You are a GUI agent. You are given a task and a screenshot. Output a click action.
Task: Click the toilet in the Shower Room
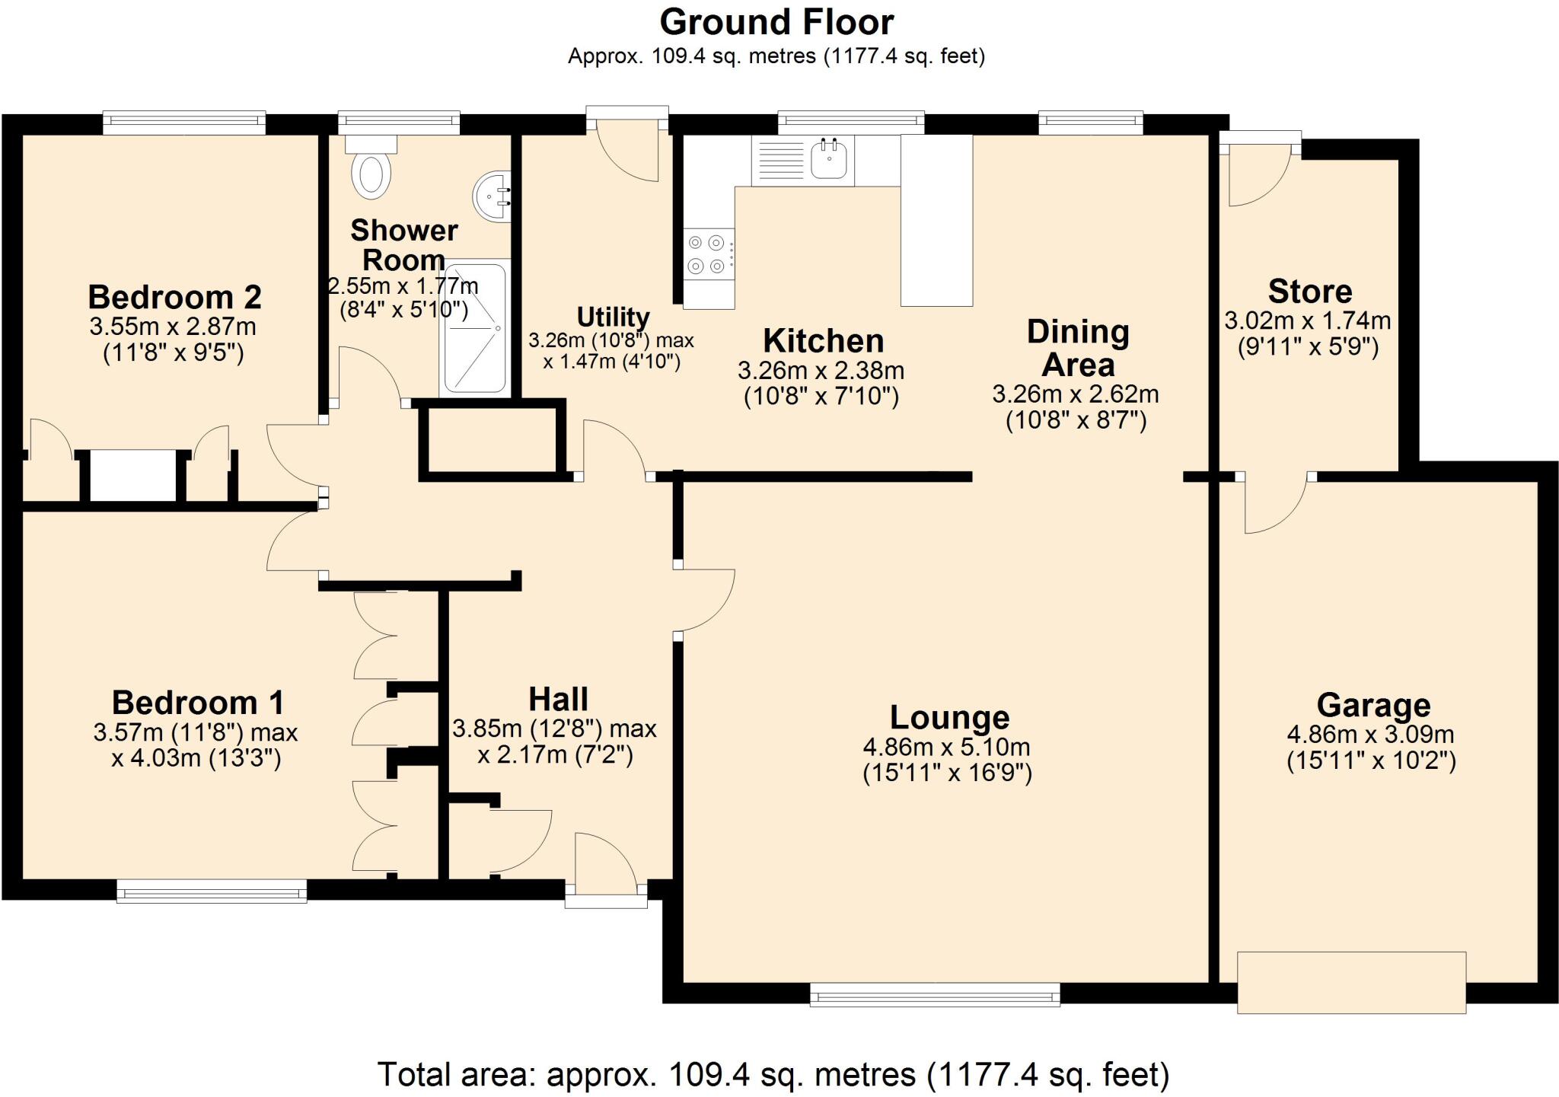(x=371, y=174)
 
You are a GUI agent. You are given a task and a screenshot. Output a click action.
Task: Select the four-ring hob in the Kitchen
(x=706, y=254)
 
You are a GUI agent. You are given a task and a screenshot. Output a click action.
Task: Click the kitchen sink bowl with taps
(x=831, y=159)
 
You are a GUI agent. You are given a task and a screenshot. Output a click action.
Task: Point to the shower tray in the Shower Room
(x=474, y=329)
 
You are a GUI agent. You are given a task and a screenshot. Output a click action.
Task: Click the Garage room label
(x=1372, y=705)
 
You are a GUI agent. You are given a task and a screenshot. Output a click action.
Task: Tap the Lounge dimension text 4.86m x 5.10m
(x=946, y=747)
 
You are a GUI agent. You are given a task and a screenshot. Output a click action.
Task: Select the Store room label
(x=1309, y=292)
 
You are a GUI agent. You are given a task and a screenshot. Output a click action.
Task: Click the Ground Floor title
(x=776, y=22)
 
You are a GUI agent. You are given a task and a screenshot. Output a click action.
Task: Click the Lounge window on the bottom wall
(x=935, y=994)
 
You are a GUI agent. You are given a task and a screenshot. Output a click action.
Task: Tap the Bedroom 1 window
(x=212, y=891)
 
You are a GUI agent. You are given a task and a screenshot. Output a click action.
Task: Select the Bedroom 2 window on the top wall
(x=184, y=123)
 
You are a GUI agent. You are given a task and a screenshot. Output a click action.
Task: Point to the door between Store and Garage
(x=1276, y=502)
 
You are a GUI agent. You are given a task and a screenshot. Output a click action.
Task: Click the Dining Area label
(x=1077, y=348)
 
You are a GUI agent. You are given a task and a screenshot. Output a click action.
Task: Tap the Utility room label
(x=613, y=317)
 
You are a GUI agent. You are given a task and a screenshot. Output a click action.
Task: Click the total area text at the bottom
(x=773, y=1074)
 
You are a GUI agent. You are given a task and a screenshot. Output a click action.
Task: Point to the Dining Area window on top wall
(x=1090, y=122)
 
